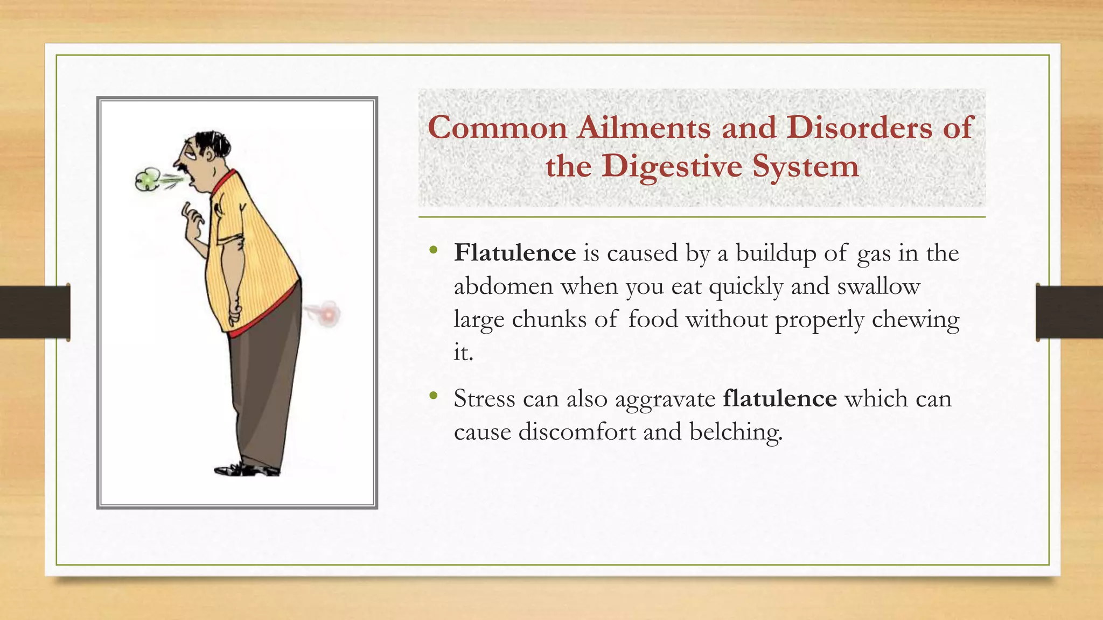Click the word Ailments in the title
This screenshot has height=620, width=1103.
pyautogui.click(x=644, y=128)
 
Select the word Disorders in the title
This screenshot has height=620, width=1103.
pyautogui.click(x=860, y=128)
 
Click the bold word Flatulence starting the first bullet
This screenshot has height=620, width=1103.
pyautogui.click(x=514, y=253)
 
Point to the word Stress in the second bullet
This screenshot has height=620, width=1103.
pyautogui.click(x=485, y=399)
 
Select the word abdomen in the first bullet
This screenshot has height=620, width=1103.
pyautogui.click(x=504, y=286)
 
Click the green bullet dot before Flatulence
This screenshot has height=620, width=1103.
pyautogui.click(x=434, y=250)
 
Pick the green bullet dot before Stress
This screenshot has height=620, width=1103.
pyautogui.click(x=434, y=396)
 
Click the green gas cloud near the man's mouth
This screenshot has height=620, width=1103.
pyautogui.click(x=148, y=180)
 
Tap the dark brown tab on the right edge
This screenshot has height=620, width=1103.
pyautogui.click(x=1069, y=312)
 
